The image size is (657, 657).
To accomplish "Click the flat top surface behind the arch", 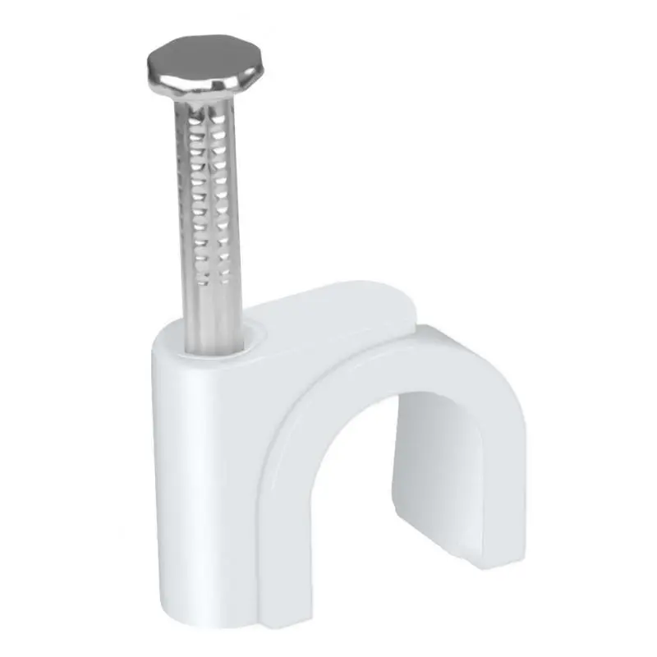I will pyautogui.click(x=328, y=308).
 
